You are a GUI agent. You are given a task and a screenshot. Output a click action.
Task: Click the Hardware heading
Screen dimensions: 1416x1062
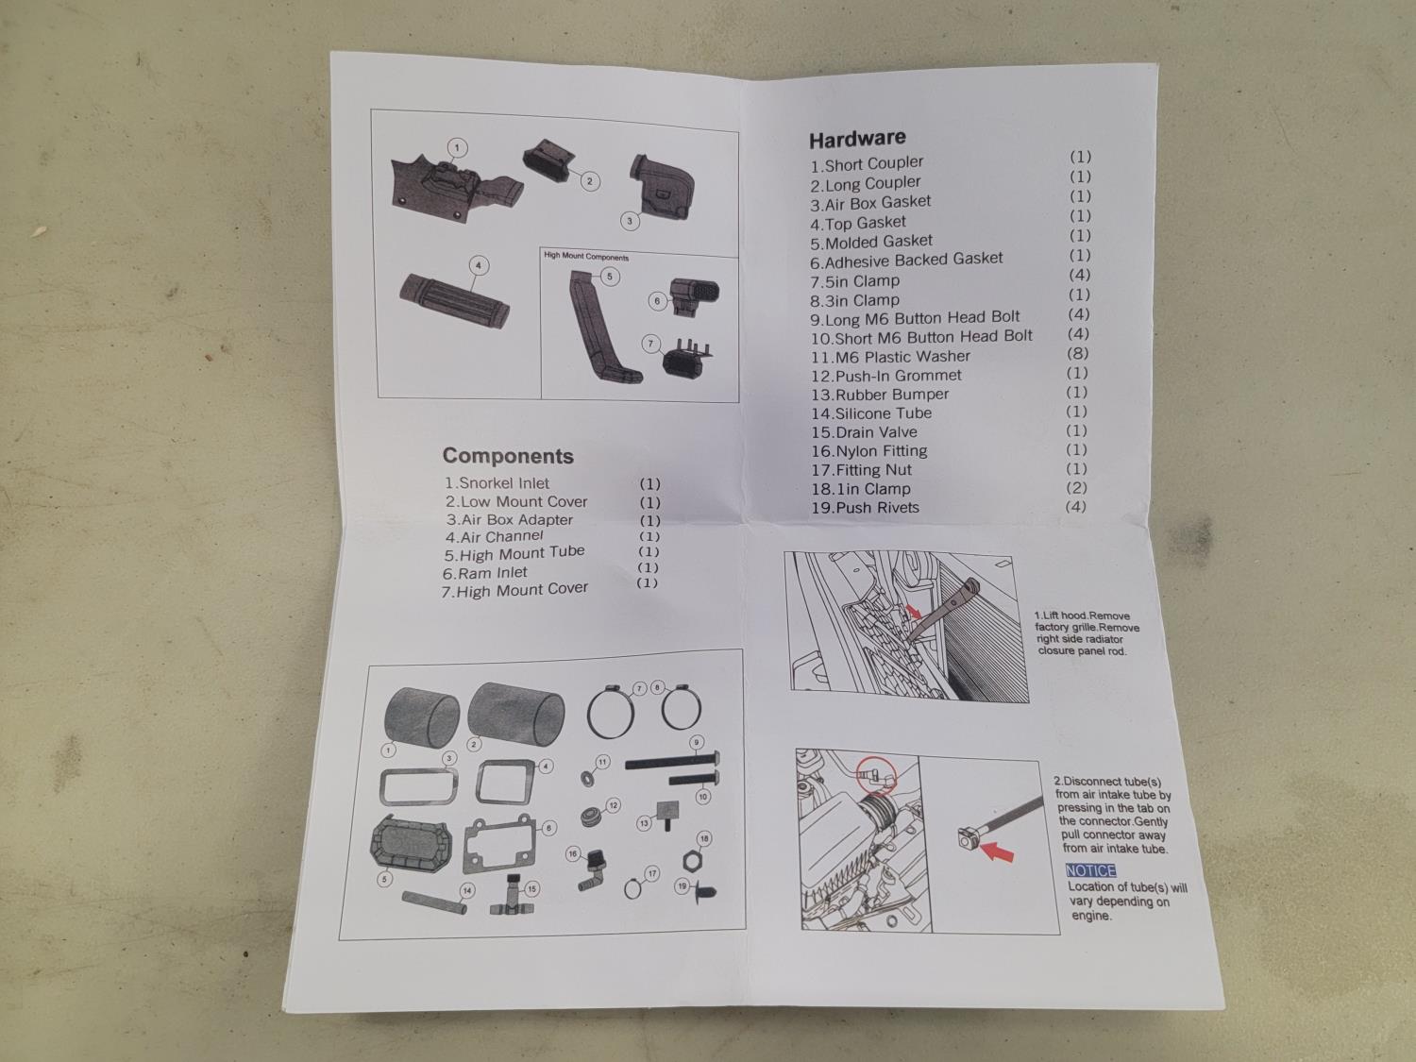[857, 139]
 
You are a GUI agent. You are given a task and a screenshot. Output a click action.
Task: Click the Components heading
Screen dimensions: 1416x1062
[508, 456]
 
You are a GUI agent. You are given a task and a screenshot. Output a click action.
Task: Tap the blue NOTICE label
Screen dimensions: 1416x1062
[1091, 870]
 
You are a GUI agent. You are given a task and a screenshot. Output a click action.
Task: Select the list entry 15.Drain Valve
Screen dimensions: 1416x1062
[864, 432]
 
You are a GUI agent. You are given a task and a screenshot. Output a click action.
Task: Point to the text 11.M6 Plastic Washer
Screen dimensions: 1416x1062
[890, 357]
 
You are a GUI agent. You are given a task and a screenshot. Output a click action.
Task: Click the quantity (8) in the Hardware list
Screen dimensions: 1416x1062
[1077, 353]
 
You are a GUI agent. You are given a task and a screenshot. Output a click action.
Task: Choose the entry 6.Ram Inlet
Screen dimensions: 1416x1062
[484, 573]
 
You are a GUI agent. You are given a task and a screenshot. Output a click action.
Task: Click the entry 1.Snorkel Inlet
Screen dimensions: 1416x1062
[497, 483]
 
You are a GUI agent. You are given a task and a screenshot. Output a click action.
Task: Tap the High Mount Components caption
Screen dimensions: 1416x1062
[586, 256]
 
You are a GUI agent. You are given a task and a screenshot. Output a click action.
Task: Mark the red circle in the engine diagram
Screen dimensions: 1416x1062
[875, 774]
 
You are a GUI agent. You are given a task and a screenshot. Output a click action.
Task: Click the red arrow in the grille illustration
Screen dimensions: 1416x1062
[914, 611]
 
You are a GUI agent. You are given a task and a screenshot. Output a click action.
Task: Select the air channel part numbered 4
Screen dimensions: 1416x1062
[455, 302]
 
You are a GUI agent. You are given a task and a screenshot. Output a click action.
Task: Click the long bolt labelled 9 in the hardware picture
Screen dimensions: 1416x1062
[672, 762]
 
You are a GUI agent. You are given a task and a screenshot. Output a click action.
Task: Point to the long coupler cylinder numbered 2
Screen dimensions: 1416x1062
[515, 713]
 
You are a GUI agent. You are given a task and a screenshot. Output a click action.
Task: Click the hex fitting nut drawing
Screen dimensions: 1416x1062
[692, 860]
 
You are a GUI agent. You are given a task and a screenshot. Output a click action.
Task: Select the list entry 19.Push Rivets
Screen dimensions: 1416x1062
[865, 508]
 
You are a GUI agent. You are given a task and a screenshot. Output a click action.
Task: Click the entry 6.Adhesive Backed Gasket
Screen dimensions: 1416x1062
[906, 261]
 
